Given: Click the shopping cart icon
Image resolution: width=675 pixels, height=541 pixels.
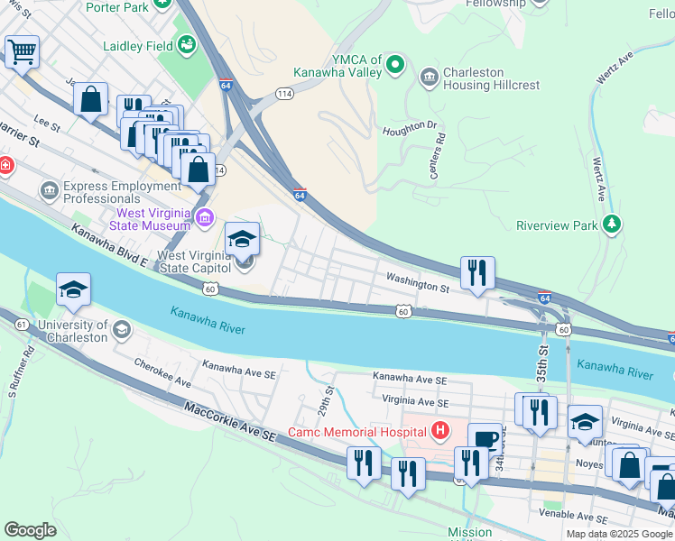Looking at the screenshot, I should [22, 51].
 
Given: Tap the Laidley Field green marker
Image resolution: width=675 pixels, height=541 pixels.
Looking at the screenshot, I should [187, 44].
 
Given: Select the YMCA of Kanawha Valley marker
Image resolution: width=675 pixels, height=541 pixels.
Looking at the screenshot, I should [394, 63].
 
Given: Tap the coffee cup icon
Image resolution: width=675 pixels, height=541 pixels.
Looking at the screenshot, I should [485, 439].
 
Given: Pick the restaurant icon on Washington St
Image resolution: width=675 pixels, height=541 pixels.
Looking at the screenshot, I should [476, 271].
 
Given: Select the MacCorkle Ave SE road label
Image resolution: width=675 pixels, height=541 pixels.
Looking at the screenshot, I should [228, 423].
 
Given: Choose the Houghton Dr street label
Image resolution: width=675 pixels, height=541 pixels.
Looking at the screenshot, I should [410, 128].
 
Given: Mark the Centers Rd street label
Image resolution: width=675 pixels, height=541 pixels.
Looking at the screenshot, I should [439, 156].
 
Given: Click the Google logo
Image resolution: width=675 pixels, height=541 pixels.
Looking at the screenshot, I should [31, 530].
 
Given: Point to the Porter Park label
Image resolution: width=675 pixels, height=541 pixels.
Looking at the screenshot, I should [117, 6].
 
